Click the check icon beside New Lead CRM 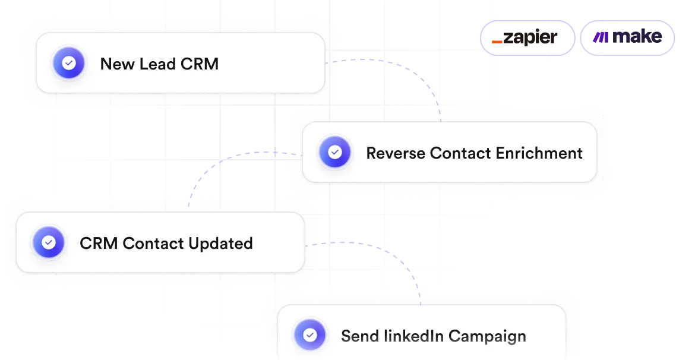[69, 64]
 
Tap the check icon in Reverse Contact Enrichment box [335, 153]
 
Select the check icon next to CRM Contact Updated [49, 242]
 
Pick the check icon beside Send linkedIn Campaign [310, 336]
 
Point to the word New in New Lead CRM [117, 64]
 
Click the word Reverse [396, 153]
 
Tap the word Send [359, 336]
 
